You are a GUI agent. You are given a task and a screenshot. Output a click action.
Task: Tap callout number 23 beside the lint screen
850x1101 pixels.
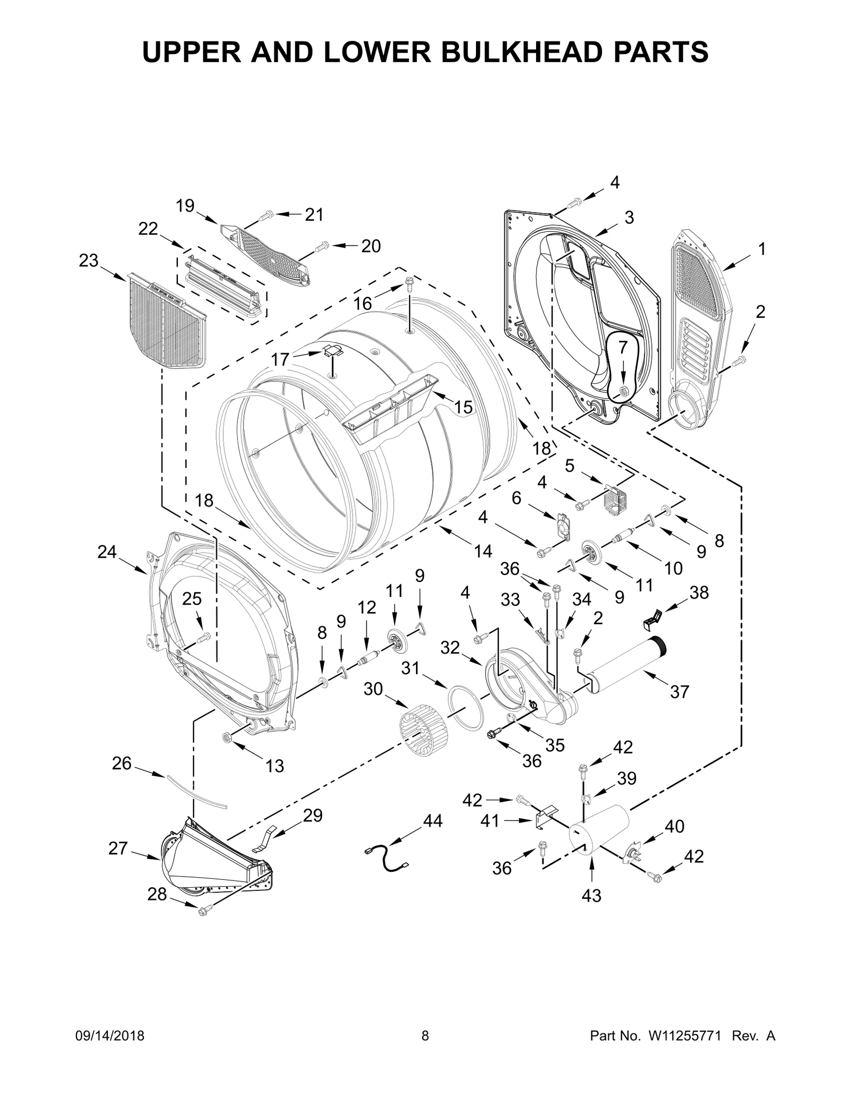tap(89, 260)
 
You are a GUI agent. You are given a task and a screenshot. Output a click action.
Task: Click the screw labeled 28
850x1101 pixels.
tap(202, 911)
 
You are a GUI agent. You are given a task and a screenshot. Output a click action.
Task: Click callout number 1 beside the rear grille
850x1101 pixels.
tap(761, 249)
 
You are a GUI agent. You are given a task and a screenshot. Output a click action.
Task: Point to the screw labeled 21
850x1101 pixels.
tap(266, 216)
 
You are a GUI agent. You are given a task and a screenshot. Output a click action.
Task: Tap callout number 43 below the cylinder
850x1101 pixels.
tap(591, 895)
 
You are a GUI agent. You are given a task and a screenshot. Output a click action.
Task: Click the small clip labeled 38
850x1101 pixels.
tap(653, 617)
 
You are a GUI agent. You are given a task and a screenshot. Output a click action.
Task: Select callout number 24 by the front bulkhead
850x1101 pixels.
tap(107, 552)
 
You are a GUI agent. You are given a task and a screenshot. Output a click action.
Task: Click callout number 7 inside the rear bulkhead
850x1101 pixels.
tap(623, 346)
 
